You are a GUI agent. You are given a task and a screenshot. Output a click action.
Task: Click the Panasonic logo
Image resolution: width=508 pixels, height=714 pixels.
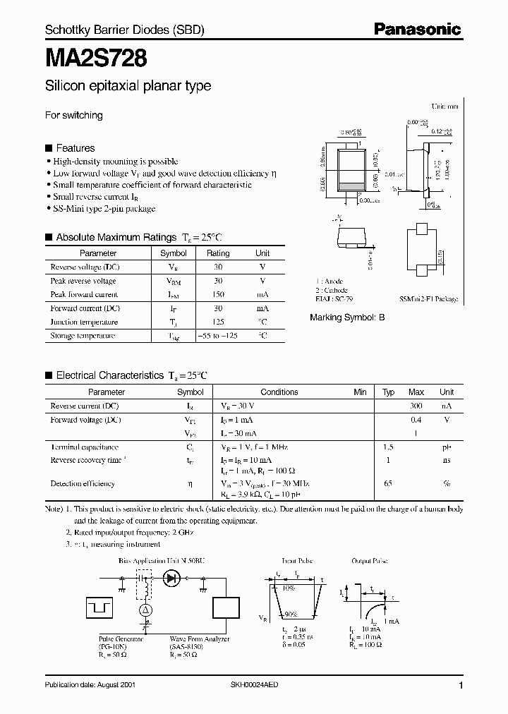click(417, 29)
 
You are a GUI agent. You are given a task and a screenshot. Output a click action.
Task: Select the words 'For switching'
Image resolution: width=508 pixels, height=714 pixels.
click(74, 115)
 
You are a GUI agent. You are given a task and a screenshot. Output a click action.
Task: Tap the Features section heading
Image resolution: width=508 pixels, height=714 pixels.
click(75, 148)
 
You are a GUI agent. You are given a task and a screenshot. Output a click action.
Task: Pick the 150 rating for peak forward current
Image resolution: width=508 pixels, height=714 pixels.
click(218, 294)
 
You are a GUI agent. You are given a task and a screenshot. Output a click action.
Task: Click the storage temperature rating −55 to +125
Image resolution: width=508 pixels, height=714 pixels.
click(218, 336)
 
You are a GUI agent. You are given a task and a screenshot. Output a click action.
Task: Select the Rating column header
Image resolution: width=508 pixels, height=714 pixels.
click(218, 253)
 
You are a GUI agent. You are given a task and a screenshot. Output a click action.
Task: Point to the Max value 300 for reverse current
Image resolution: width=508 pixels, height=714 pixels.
click(416, 406)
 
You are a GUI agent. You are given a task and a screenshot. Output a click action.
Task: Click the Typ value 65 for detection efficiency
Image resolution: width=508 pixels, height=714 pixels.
click(388, 483)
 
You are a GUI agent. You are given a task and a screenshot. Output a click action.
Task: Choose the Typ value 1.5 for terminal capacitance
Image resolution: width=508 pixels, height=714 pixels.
click(388, 447)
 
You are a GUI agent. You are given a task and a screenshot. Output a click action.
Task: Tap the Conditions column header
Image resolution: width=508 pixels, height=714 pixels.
click(279, 392)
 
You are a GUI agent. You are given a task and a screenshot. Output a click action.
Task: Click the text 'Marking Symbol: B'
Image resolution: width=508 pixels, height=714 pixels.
click(347, 317)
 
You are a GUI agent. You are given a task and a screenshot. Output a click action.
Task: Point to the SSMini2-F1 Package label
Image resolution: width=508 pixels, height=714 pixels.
click(428, 299)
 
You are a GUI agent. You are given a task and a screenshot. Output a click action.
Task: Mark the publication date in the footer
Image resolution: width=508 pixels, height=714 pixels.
click(90, 685)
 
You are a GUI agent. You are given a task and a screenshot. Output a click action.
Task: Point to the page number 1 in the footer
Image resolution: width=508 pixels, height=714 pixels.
click(461, 686)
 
